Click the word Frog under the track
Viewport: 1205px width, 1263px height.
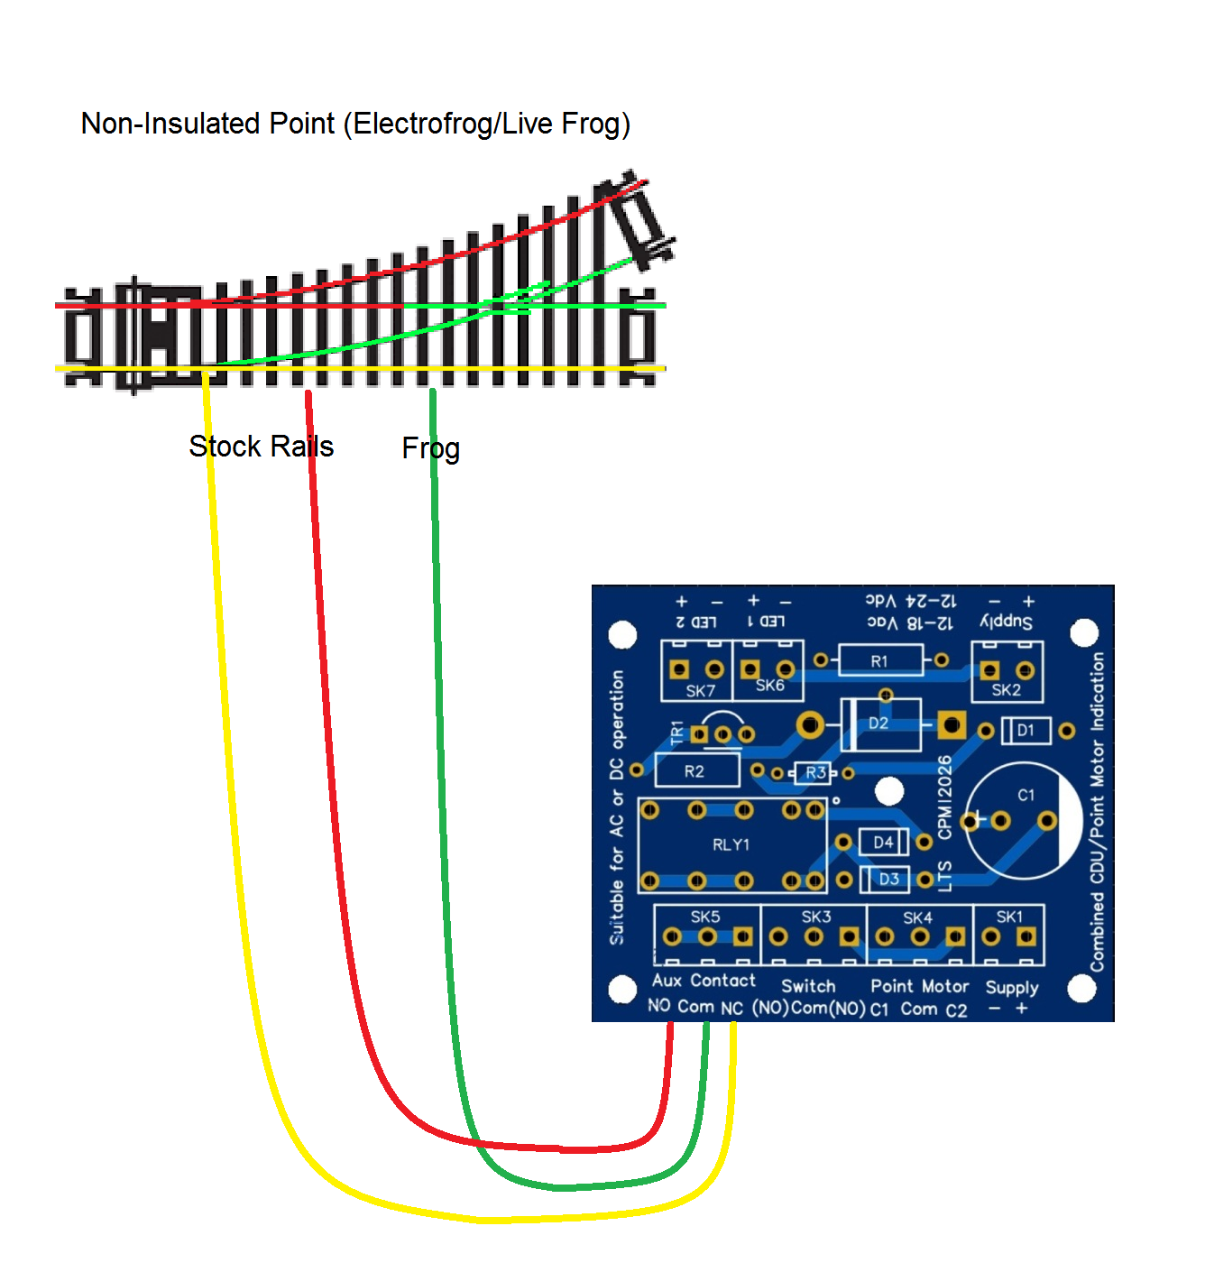(430, 448)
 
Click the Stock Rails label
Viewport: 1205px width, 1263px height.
(261, 447)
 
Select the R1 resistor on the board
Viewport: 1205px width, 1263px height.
(879, 661)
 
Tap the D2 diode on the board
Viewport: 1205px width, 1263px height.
(879, 724)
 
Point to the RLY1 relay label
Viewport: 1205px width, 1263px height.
(731, 845)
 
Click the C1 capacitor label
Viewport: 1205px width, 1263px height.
(1026, 795)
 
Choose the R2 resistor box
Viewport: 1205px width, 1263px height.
(694, 771)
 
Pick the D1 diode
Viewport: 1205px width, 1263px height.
(1026, 731)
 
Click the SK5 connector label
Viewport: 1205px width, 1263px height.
(705, 917)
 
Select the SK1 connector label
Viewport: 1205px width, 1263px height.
(1009, 917)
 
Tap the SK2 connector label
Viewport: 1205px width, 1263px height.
(1006, 690)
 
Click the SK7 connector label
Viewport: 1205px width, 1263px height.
(700, 691)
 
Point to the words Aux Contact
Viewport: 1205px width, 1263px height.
(704, 981)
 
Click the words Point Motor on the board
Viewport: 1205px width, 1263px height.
(919, 987)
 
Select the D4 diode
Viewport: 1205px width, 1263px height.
(883, 843)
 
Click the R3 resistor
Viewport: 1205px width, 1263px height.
(815, 772)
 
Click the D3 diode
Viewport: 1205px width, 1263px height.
(888, 879)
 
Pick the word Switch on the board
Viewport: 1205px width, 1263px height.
(808, 987)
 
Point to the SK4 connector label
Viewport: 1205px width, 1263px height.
(917, 917)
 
